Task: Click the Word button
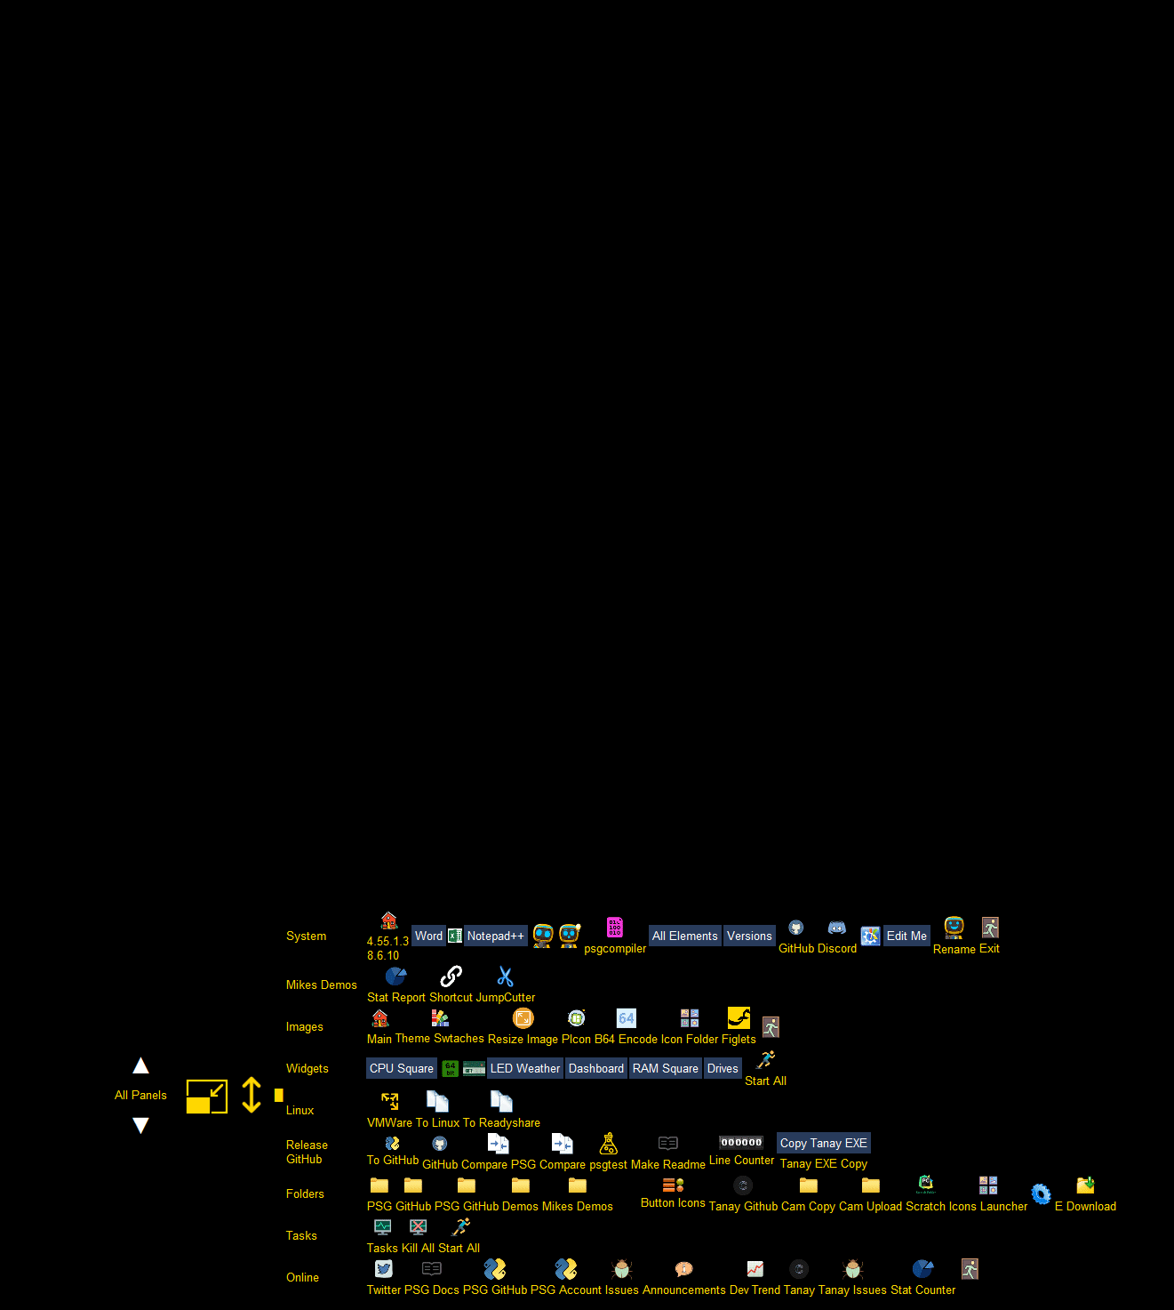(428, 936)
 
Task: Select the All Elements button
(684, 936)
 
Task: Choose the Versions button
(749, 936)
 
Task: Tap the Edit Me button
(906, 936)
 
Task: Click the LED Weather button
(525, 1068)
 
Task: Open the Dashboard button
(596, 1068)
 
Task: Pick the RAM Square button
(666, 1068)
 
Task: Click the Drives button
(723, 1068)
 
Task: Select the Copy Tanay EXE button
(824, 1143)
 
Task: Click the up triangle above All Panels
(140, 1065)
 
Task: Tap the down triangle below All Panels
(140, 1125)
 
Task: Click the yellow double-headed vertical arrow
(252, 1095)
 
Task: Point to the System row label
(306, 936)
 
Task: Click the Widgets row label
(307, 1068)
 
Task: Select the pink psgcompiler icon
(615, 928)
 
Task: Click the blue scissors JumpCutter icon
(506, 976)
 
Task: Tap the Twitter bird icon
(384, 1269)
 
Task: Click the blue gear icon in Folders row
(1041, 1193)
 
